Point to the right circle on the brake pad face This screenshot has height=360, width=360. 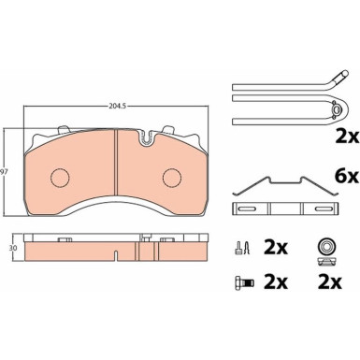tap(171, 178)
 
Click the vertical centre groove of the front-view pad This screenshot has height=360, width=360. tap(113, 172)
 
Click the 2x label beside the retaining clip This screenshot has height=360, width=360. tap(346, 136)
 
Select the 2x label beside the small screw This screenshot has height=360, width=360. tap(275, 249)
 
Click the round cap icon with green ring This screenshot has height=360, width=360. tap(327, 246)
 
